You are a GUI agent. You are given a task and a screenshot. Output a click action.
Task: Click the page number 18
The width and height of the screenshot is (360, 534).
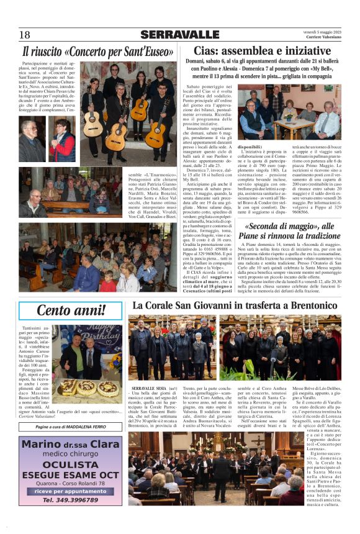(25, 35)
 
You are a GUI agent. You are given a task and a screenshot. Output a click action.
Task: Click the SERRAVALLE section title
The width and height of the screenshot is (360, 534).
(179, 35)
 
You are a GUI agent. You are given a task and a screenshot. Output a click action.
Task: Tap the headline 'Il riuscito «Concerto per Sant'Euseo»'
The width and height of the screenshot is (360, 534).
(98, 52)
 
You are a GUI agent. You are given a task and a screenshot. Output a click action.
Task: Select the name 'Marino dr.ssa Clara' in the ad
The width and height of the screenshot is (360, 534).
(70, 445)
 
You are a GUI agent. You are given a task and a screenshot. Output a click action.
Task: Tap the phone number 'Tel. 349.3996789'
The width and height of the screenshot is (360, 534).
(70, 500)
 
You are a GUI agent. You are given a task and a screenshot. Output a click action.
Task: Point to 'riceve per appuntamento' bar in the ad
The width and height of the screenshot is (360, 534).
(70, 490)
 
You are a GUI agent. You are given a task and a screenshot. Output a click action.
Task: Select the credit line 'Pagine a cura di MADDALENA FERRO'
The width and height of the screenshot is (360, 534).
(70, 428)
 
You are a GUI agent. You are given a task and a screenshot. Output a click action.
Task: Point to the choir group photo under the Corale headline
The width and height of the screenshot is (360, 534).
(235, 348)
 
